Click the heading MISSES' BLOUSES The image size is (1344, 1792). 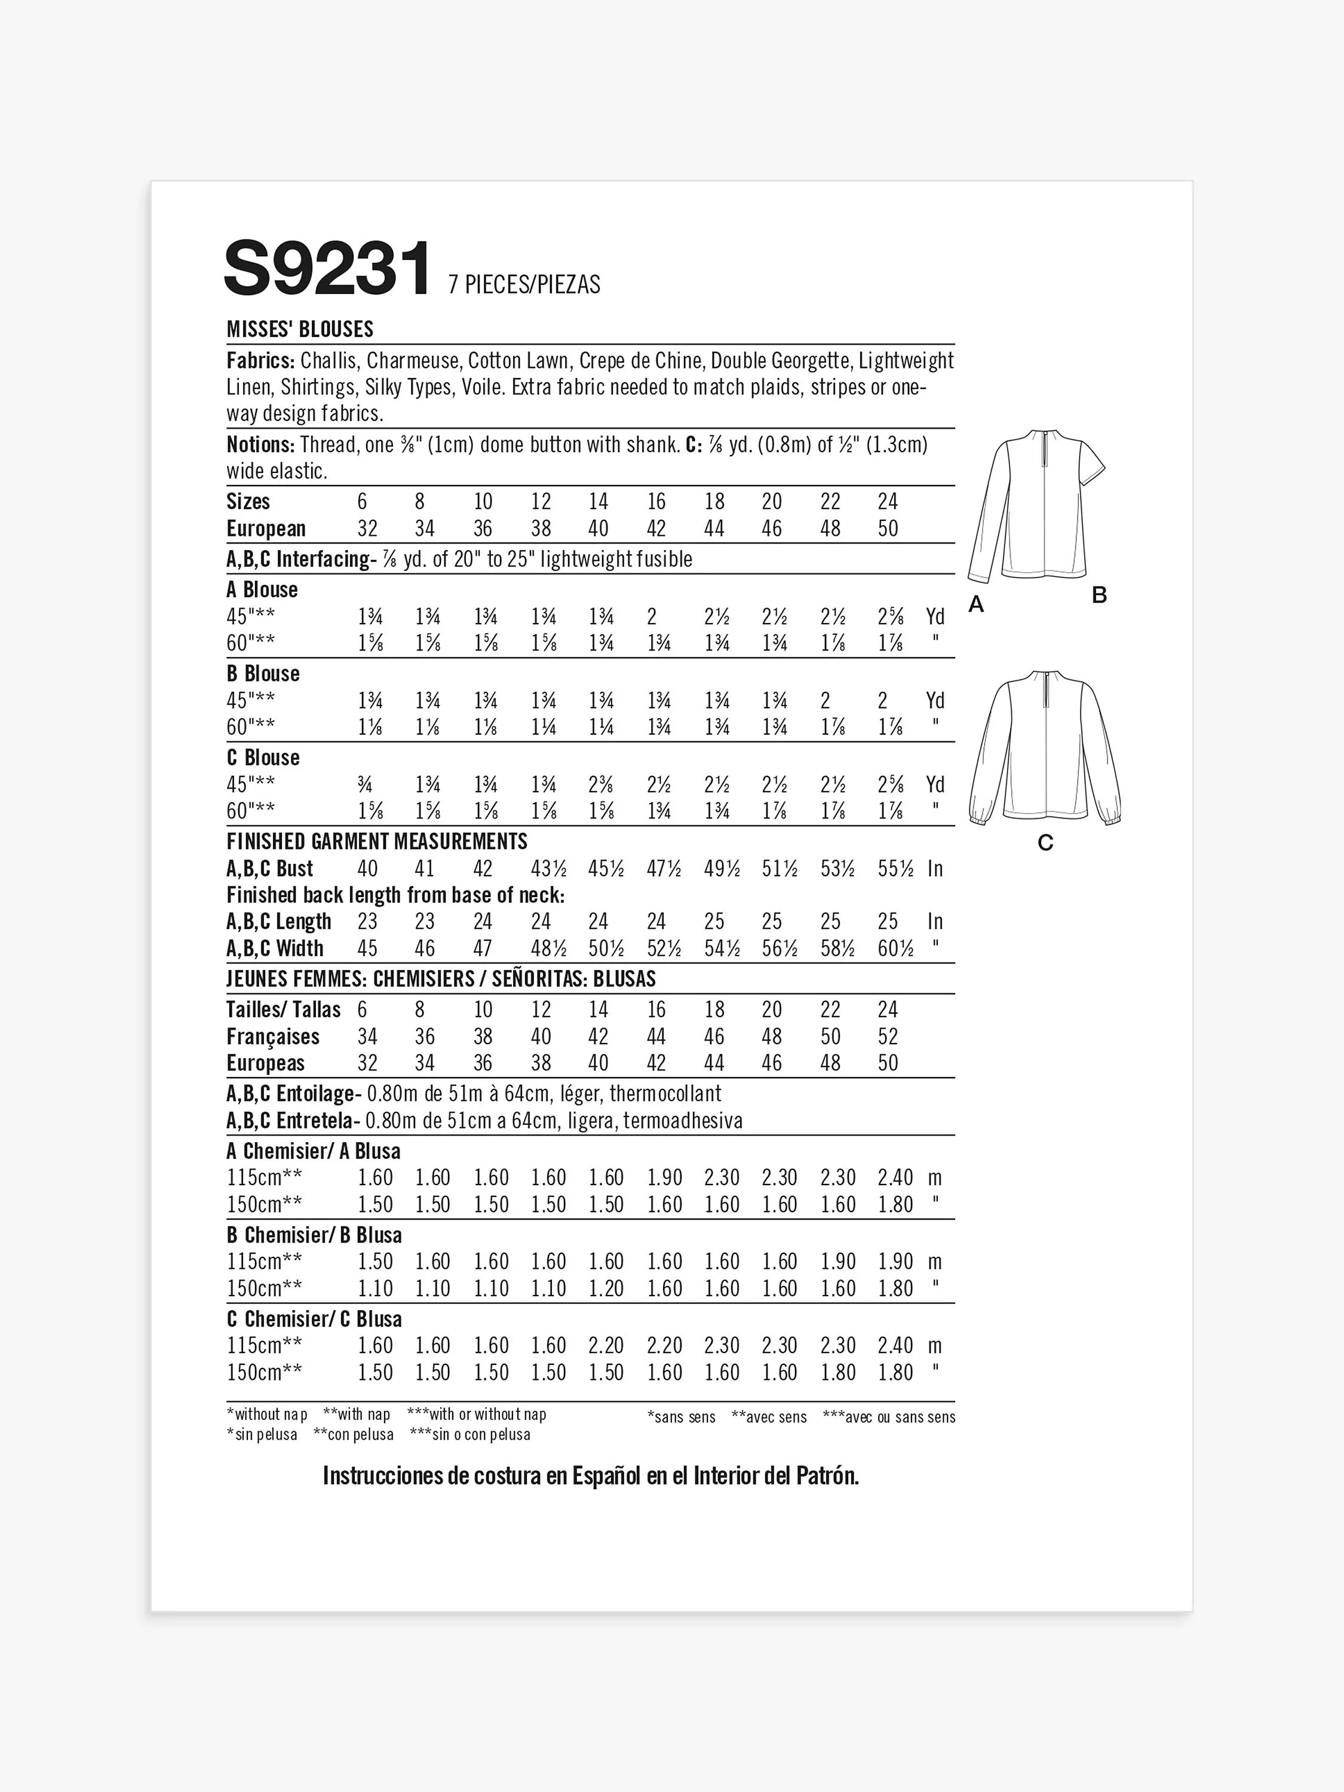pyautogui.click(x=300, y=329)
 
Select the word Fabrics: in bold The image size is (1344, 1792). pyautogui.click(x=260, y=361)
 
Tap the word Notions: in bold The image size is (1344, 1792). pyautogui.click(x=260, y=445)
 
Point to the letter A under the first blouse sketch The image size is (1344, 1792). pyautogui.click(x=976, y=605)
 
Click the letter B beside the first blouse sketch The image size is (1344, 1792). pyautogui.click(x=1098, y=596)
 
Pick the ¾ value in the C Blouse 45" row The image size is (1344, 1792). pyautogui.click(x=366, y=784)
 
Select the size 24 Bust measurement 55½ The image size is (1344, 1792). pyautogui.click(x=895, y=869)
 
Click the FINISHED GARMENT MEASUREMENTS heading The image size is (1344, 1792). pyautogui.click(x=377, y=842)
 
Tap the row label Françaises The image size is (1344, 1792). pyautogui.click(x=273, y=1036)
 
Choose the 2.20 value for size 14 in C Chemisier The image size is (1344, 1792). pyautogui.click(x=606, y=1346)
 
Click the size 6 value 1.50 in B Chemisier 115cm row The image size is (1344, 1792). pyautogui.click(x=375, y=1262)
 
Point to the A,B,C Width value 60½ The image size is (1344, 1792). pyautogui.click(x=895, y=948)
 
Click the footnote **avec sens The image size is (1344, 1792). pyautogui.click(x=769, y=1417)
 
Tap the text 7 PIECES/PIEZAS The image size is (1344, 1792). pyautogui.click(x=524, y=285)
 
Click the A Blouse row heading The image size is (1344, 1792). pyautogui.click(x=262, y=590)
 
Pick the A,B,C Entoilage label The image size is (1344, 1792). pyautogui.click(x=291, y=1094)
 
